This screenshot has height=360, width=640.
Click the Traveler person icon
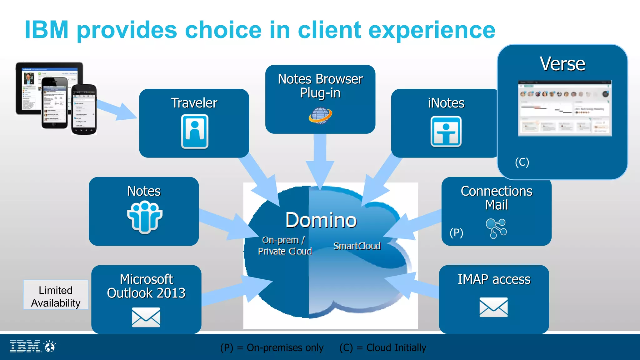coord(195,132)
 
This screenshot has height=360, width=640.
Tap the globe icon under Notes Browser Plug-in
coord(320,115)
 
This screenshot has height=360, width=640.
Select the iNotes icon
coord(446,132)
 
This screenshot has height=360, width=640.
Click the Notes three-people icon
coord(145,217)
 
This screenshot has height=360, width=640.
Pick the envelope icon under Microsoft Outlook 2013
coord(146,317)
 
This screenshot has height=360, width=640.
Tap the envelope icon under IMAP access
coord(493,307)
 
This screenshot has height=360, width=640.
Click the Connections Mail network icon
coord(496,228)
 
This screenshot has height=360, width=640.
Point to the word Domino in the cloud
coord(321,220)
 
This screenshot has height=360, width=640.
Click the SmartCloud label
coord(357,246)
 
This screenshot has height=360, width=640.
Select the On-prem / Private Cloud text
coord(285,246)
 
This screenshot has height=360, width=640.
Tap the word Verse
coord(562,64)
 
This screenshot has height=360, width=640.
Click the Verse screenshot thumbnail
coord(565,108)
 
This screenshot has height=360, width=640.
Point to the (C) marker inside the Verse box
coord(522,162)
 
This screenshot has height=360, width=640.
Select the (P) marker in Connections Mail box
coord(456,233)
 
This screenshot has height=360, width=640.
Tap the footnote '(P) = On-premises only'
coord(272,347)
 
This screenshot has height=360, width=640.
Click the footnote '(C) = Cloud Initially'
coord(382,347)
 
